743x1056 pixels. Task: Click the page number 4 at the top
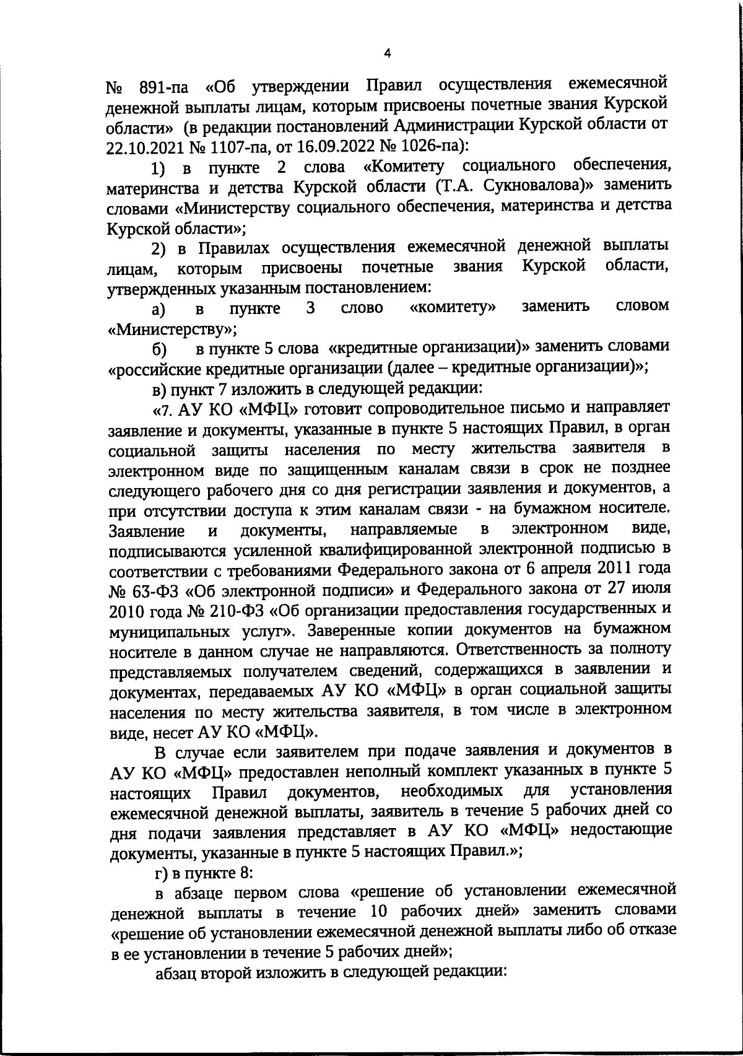pos(387,53)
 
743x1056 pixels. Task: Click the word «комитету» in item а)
pos(453,307)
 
